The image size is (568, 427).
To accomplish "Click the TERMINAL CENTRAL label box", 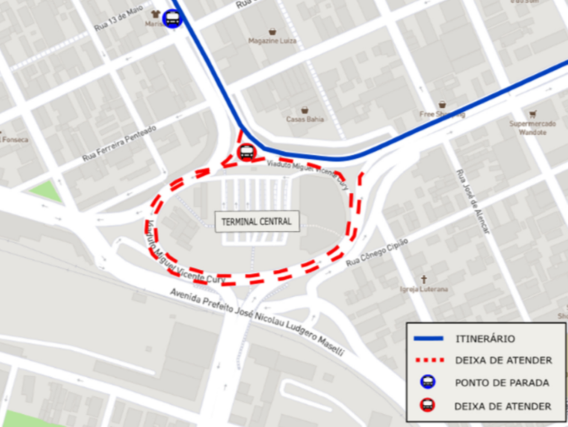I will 257,221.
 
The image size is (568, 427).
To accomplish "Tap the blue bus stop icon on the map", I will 172,19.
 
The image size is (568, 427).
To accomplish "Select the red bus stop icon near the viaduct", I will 246,152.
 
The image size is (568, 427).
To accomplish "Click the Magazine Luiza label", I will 273,41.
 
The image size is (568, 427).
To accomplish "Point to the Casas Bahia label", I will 305,119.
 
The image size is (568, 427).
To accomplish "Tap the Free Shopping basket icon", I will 442,104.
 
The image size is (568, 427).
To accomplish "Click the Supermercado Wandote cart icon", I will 533,114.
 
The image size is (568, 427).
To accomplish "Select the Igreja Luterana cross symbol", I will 424,279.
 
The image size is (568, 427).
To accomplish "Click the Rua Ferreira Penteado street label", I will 119,143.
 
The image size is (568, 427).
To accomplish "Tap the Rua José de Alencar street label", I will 473,201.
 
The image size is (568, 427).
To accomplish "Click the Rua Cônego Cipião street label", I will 377,252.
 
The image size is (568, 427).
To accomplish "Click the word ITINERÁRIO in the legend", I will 485,339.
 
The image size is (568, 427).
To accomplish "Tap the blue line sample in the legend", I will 429,338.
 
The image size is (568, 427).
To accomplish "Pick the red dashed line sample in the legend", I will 429,360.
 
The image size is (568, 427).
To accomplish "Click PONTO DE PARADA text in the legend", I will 502,383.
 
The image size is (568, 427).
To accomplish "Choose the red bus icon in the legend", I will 428,405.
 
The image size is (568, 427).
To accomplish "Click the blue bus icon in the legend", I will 428,382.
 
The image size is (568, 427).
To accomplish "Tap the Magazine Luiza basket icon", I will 273,32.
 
